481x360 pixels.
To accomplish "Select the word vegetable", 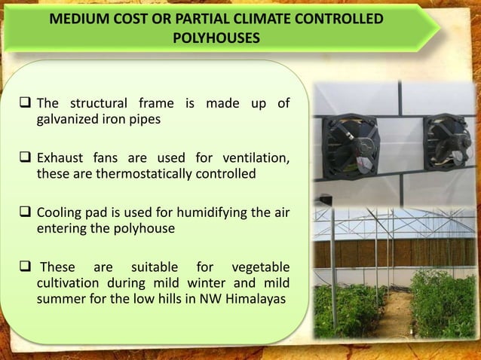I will (261, 267).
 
